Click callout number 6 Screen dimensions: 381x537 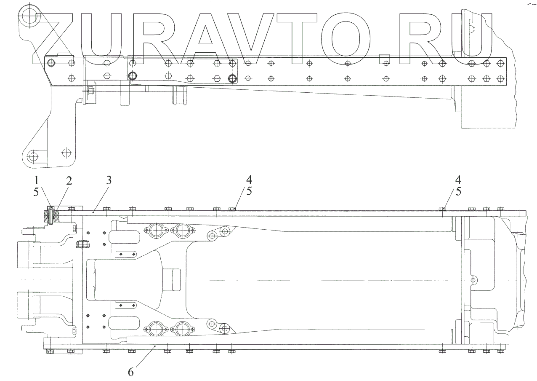[131, 372]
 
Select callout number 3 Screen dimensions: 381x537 [109, 181]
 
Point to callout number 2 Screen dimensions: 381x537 [69, 181]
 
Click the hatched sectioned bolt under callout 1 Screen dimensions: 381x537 [50, 216]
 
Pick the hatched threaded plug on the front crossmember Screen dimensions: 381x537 [83, 244]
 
